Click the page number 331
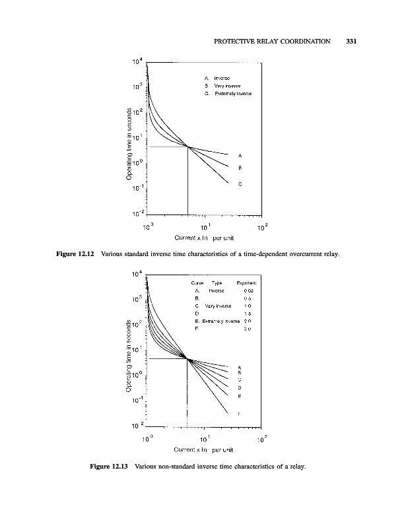[x=351, y=42]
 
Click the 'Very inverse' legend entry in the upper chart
[x=224, y=86]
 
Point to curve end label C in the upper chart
[x=239, y=184]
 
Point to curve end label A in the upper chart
[x=238, y=156]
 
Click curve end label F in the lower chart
[x=239, y=413]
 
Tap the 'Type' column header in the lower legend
[x=217, y=283]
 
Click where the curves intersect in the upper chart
[x=188, y=147]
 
